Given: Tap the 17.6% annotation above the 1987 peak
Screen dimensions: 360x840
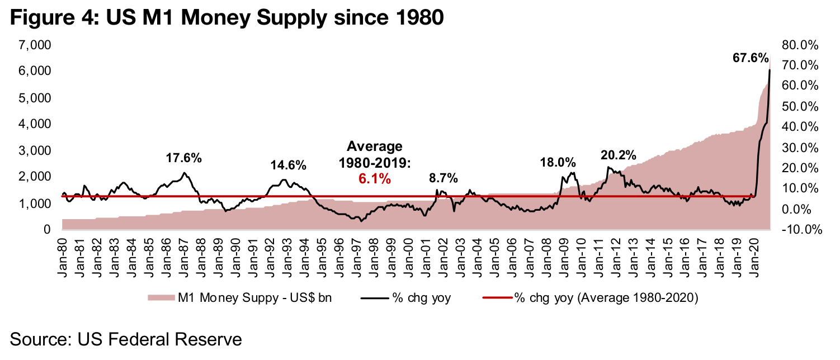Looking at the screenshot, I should pos(183,158).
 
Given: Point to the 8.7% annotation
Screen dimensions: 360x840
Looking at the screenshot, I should pos(443,178).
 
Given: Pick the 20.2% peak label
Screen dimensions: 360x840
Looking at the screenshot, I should pos(619,155).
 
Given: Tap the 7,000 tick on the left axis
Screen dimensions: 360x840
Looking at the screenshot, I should pos(35,45).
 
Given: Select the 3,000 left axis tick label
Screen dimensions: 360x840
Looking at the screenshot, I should pos(35,151).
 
